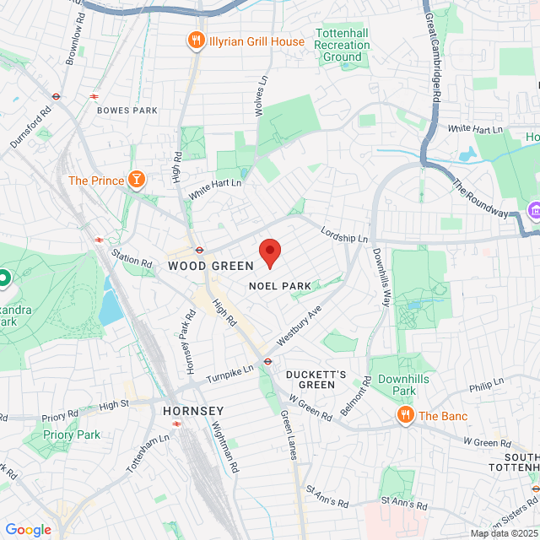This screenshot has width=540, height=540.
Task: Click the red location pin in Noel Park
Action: point(269,252)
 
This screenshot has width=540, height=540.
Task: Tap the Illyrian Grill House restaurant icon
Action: point(196,40)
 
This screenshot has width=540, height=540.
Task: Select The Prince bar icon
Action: point(135,180)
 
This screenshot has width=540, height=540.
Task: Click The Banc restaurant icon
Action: point(405,415)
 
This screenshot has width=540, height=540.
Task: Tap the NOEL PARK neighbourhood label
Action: point(279,286)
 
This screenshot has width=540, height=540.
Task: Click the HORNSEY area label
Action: point(192,411)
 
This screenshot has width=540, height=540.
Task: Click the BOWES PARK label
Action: point(127,111)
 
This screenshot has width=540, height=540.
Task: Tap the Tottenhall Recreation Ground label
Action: point(343,45)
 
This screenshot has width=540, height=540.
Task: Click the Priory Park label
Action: point(73,435)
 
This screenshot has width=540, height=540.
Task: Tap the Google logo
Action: point(28,529)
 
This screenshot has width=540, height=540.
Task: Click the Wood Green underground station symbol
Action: point(200,249)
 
